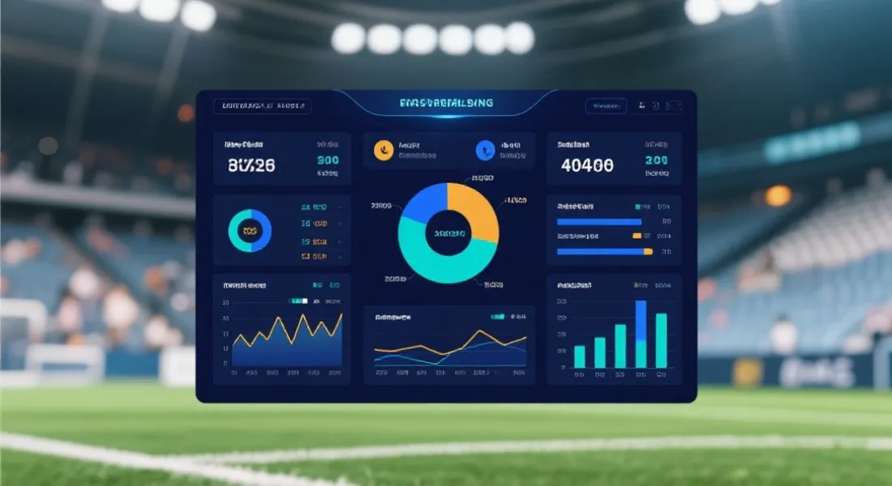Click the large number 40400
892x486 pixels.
(x=587, y=166)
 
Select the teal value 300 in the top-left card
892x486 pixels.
(x=328, y=160)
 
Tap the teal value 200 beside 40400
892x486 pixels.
(x=656, y=160)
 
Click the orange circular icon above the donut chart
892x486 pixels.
(x=384, y=149)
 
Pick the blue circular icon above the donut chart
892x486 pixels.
(x=485, y=149)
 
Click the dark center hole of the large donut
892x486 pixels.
(x=448, y=233)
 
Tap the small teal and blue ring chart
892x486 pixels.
(x=250, y=231)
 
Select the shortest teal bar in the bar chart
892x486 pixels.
(x=580, y=356)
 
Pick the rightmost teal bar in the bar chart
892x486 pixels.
(x=661, y=340)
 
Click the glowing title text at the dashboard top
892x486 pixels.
(x=447, y=104)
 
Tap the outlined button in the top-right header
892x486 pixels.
(x=606, y=106)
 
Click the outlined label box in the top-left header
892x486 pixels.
(x=262, y=106)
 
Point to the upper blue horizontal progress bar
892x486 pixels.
(x=599, y=221)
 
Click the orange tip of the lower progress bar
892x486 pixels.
(x=648, y=252)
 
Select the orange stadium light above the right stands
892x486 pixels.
(x=778, y=195)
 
